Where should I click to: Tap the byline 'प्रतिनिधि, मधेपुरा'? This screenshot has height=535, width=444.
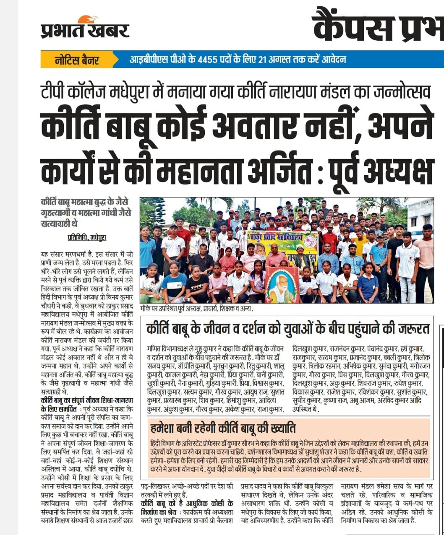click(x=87, y=237)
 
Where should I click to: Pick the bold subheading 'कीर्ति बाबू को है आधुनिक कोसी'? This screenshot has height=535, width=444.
click(x=187, y=503)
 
